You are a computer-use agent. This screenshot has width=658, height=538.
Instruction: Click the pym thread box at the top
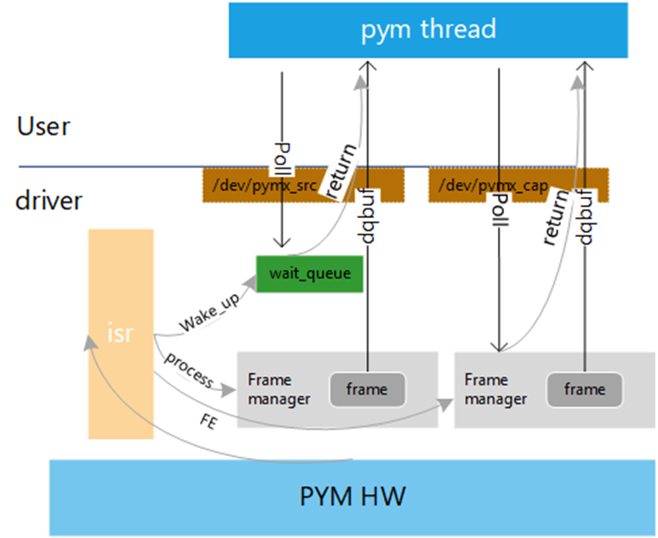(x=429, y=29)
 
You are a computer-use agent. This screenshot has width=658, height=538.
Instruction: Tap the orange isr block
(x=120, y=333)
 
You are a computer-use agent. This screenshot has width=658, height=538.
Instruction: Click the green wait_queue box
(x=309, y=274)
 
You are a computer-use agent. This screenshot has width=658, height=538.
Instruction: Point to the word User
(x=43, y=126)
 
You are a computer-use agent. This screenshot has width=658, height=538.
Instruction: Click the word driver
(x=48, y=201)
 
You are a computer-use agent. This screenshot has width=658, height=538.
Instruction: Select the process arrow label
(x=189, y=367)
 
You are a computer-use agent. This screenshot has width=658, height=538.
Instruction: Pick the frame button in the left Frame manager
(x=366, y=389)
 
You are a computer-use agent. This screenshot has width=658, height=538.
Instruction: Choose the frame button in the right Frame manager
(x=584, y=389)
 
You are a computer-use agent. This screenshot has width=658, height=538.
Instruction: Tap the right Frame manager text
(x=491, y=389)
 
